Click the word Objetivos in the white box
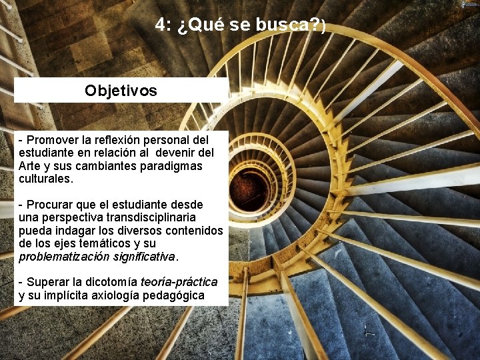click(x=121, y=91)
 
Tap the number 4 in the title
click(x=161, y=25)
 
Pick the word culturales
click(x=45, y=179)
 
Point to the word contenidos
click(x=193, y=231)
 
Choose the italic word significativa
click(x=144, y=257)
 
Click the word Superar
click(x=49, y=283)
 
